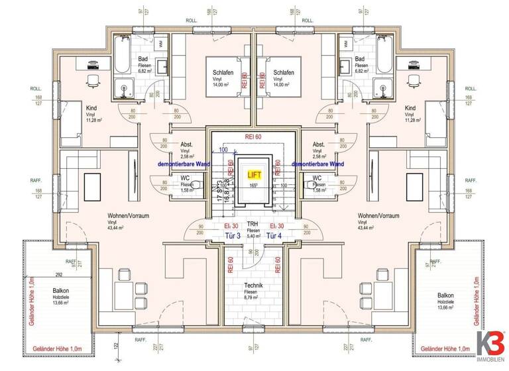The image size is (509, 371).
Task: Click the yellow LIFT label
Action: tap(254, 175)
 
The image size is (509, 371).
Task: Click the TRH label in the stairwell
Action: tap(253, 224)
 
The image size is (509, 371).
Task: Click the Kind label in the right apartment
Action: tap(410, 107)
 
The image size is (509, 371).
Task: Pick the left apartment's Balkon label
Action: tap(61, 290)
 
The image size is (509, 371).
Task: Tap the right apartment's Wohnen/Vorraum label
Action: tap(377, 216)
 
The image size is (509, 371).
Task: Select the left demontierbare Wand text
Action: tap(181, 163)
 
